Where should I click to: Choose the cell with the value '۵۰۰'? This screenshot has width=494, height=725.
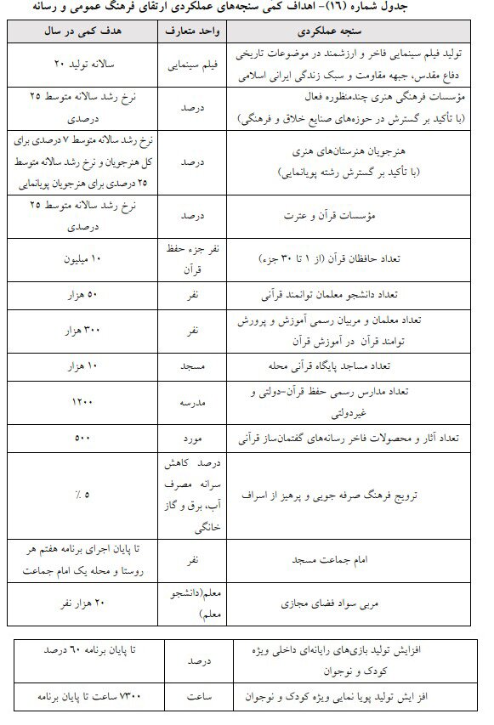82,439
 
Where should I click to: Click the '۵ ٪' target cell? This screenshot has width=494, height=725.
82,493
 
